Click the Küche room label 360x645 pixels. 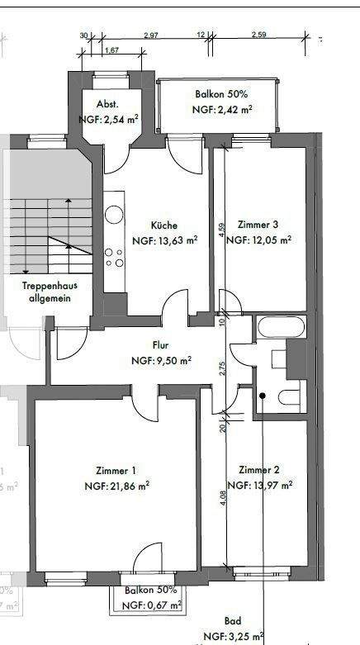point(163,225)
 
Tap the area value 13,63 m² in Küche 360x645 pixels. point(165,241)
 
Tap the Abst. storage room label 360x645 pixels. point(108,104)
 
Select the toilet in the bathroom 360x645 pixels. point(287,397)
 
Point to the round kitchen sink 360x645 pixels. point(114,216)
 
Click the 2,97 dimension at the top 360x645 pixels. point(150,36)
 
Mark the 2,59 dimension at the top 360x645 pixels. point(258,36)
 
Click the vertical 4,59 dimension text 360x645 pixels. point(221,228)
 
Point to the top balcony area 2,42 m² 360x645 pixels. point(221,109)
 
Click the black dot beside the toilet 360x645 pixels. point(263,397)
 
